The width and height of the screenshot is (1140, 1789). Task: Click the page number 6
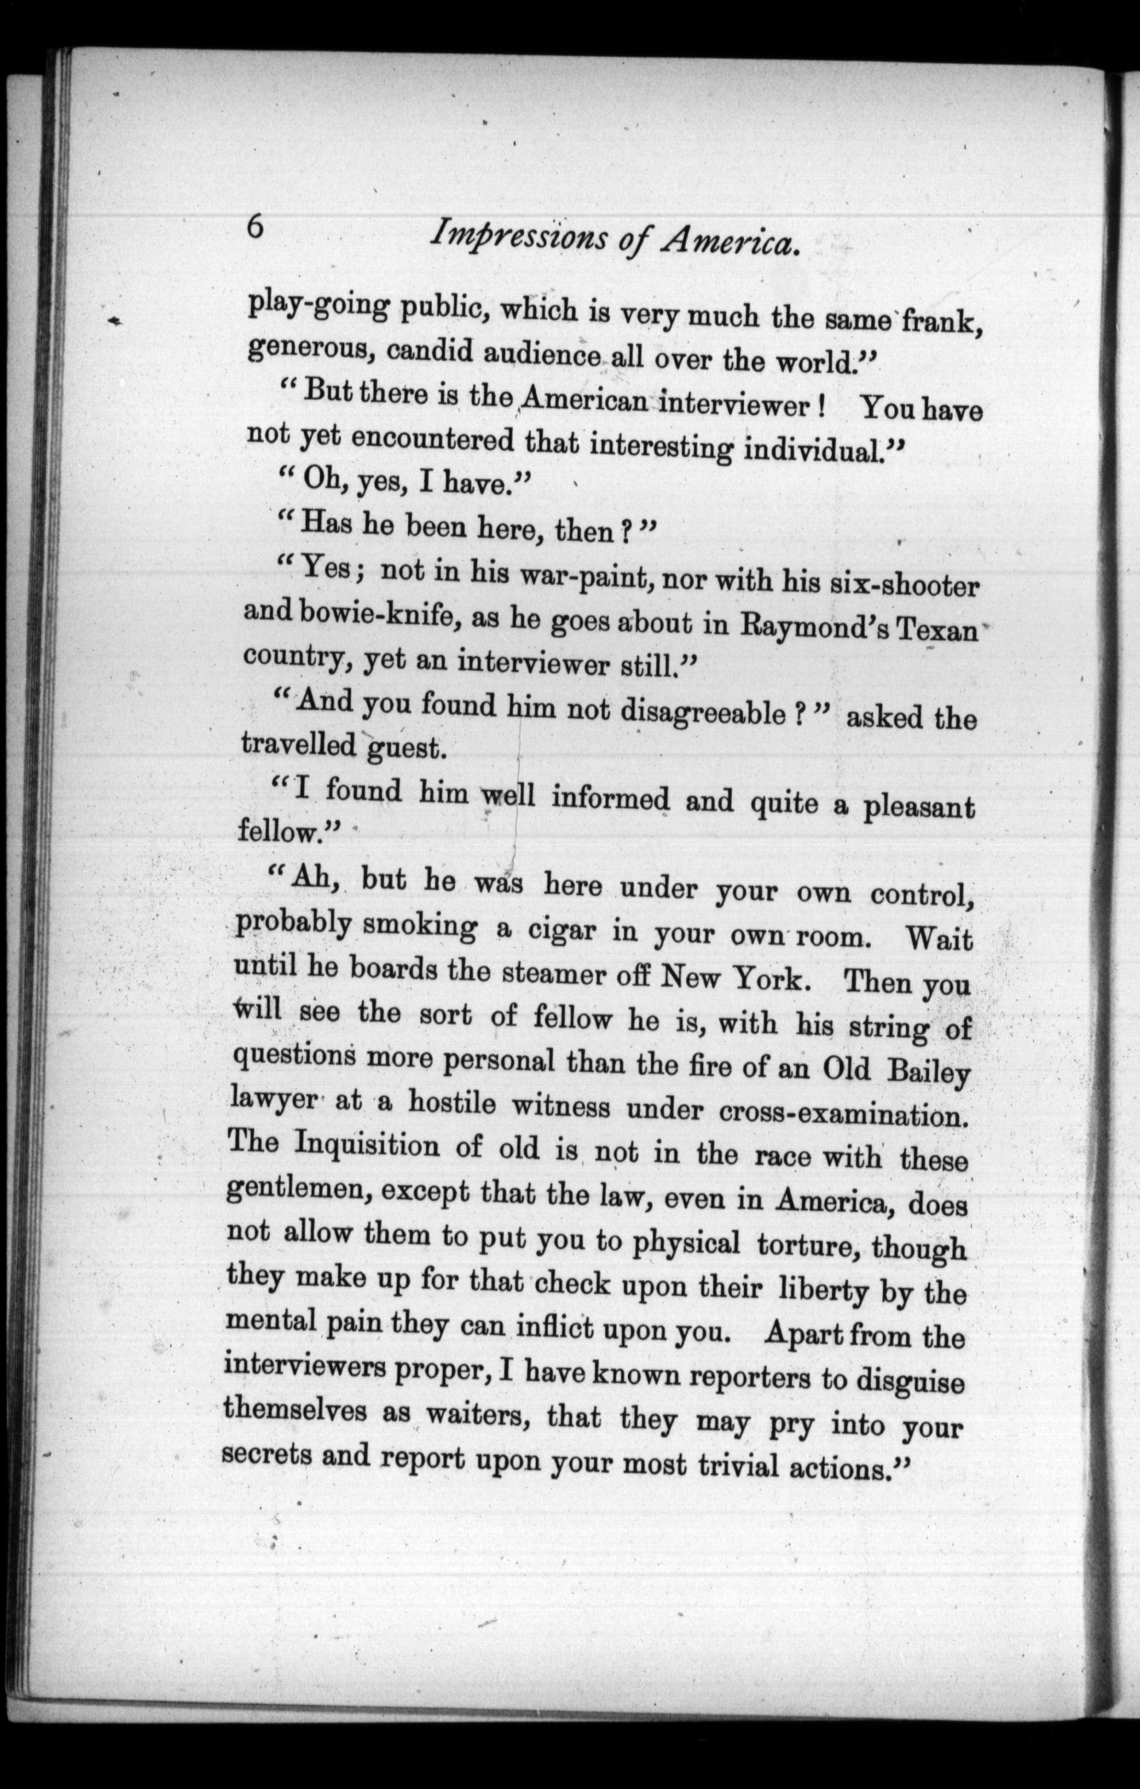point(255,226)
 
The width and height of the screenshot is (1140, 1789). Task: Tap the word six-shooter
point(903,586)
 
